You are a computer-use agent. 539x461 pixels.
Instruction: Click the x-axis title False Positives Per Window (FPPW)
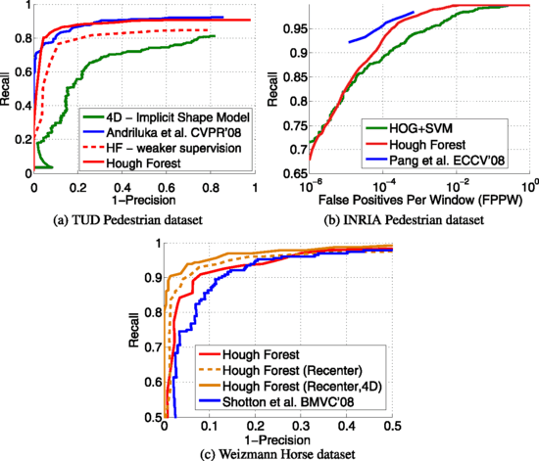pos(421,201)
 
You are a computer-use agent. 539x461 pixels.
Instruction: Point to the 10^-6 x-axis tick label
pos(310,185)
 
